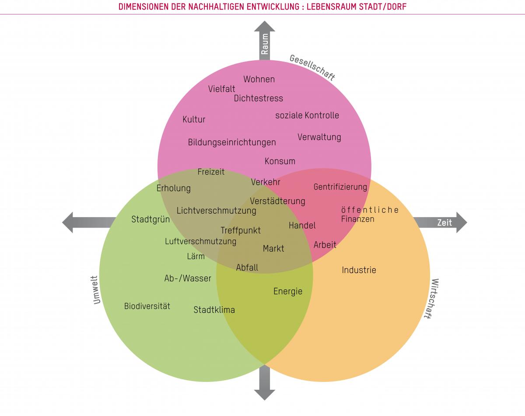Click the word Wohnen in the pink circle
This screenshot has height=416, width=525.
(259, 79)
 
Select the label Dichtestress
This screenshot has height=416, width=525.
(258, 98)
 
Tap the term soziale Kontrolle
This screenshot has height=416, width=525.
(307, 115)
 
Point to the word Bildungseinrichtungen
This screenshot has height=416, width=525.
(232, 142)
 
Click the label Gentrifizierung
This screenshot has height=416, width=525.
(340, 187)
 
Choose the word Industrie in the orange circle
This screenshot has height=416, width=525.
(359, 270)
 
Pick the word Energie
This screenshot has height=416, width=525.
(287, 291)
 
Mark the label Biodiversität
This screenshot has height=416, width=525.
(147, 306)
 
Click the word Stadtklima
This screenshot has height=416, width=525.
(214, 310)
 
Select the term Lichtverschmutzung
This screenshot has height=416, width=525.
(216, 211)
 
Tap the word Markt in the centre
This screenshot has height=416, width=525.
(273, 249)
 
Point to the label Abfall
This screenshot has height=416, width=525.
(247, 267)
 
